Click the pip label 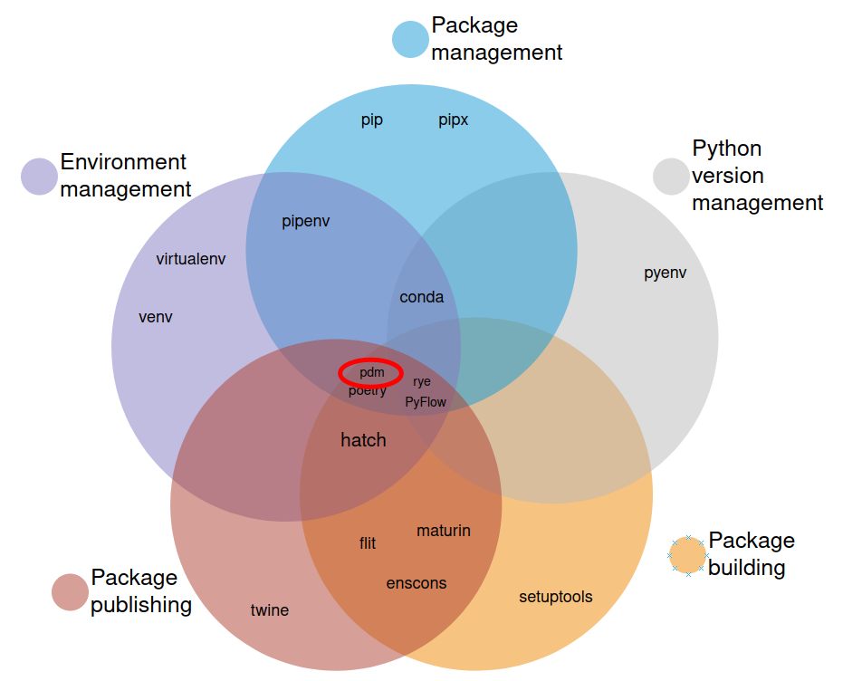pyautogui.click(x=372, y=120)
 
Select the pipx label pyautogui.click(x=454, y=120)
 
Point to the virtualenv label pyautogui.click(x=191, y=259)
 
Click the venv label pyautogui.click(x=156, y=317)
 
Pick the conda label pyautogui.click(x=422, y=297)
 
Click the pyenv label pyautogui.click(x=666, y=273)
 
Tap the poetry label pyautogui.click(x=368, y=390)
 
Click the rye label pyautogui.click(x=422, y=381)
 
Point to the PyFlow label pyautogui.click(x=426, y=401)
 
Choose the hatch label pyautogui.click(x=363, y=440)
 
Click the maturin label pyautogui.click(x=444, y=531)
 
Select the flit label pyautogui.click(x=368, y=543)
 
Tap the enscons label pyautogui.click(x=417, y=583)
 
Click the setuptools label pyautogui.click(x=556, y=596)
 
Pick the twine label pyautogui.click(x=270, y=610)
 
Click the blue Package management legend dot pyautogui.click(x=410, y=39)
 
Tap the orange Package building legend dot pyautogui.click(x=688, y=554)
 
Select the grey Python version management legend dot pyautogui.click(x=672, y=177)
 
